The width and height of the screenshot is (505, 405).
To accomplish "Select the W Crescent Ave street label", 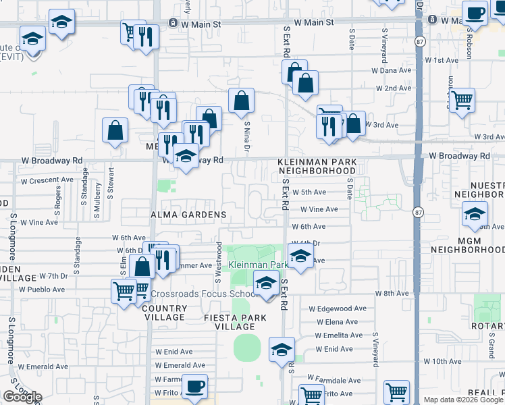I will (47, 180).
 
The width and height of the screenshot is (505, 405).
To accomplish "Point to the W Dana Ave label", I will (392, 70).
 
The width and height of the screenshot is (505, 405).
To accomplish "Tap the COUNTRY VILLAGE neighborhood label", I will (164, 313).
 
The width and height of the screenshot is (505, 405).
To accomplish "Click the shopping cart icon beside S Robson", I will (462, 101).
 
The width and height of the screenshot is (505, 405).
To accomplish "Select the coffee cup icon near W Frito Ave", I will (195, 386).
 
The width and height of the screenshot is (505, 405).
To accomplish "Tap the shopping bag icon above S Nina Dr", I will (242, 101).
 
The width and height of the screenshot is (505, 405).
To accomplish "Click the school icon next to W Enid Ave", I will (282, 349).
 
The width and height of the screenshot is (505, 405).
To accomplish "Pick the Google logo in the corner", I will (22, 397).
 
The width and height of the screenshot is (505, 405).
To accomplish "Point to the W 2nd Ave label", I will (392, 88).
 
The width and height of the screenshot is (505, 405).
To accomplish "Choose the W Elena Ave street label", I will (341, 322).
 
